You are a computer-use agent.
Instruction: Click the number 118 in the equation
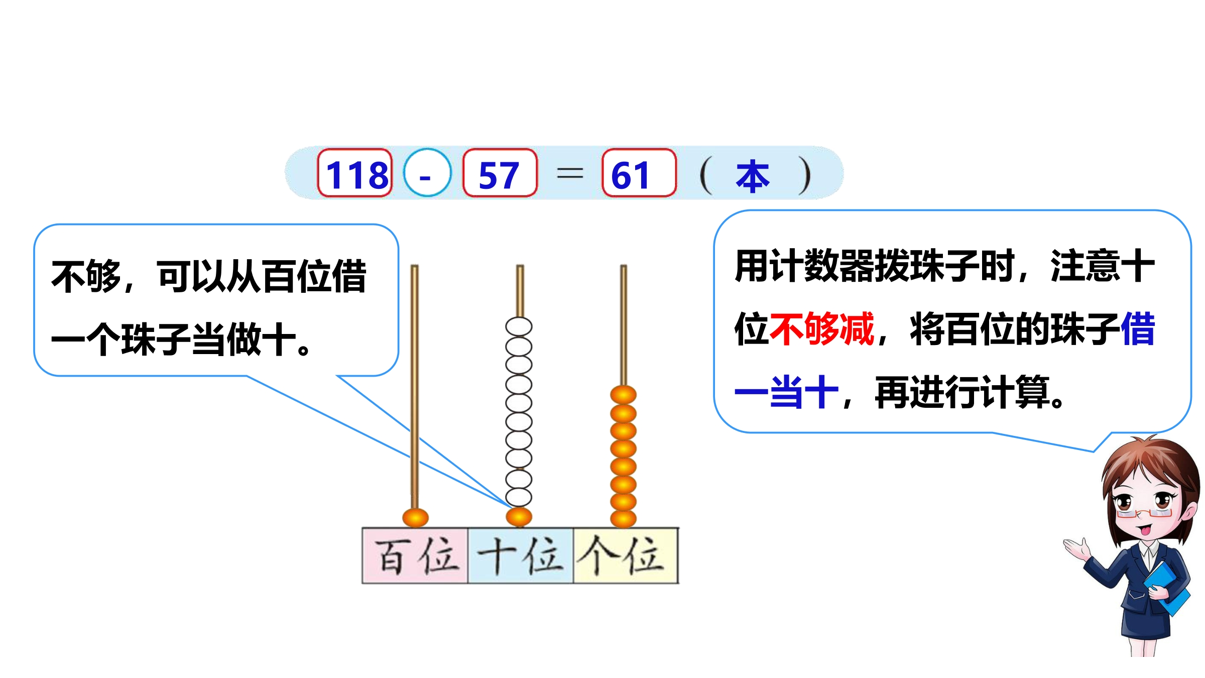[357, 175]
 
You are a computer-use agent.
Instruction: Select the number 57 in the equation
[499, 176]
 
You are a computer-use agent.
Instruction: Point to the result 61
[630, 176]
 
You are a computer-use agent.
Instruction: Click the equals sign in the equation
[570, 174]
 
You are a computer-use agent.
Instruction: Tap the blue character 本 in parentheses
[753, 176]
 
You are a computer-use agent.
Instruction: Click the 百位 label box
[415, 555]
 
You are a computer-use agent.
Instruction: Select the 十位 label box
[521, 555]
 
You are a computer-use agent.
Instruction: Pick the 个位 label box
[626, 555]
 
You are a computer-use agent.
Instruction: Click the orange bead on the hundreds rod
[415, 517]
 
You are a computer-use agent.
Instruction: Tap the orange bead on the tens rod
[519, 517]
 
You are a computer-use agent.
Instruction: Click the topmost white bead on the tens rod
[519, 326]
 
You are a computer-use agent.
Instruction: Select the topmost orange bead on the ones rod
[623, 395]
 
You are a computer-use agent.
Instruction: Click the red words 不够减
[822, 329]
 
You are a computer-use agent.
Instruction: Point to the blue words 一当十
[787, 392]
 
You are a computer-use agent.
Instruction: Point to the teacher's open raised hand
[1077, 549]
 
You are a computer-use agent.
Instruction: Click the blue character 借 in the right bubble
[1138, 329]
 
